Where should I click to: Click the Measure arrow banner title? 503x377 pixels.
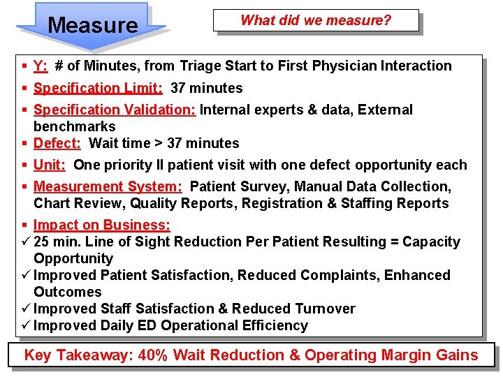(x=93, y=25)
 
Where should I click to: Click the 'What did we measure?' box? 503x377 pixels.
(x=316, y=20)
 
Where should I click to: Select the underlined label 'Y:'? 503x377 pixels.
(x=41, y=66)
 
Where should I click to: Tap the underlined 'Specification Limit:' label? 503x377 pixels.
(x=99, y=88)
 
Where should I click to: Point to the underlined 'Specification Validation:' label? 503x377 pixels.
(x=115, y=110)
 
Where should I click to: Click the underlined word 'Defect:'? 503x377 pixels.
(x=57, y=143)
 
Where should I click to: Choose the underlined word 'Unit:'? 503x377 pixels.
(x=50, y=165)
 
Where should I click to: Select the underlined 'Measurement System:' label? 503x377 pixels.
(x=108, y=186)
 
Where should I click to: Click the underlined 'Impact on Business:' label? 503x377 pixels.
(x=102, y=225)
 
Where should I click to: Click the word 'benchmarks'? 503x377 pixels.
(x=75, y=126)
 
